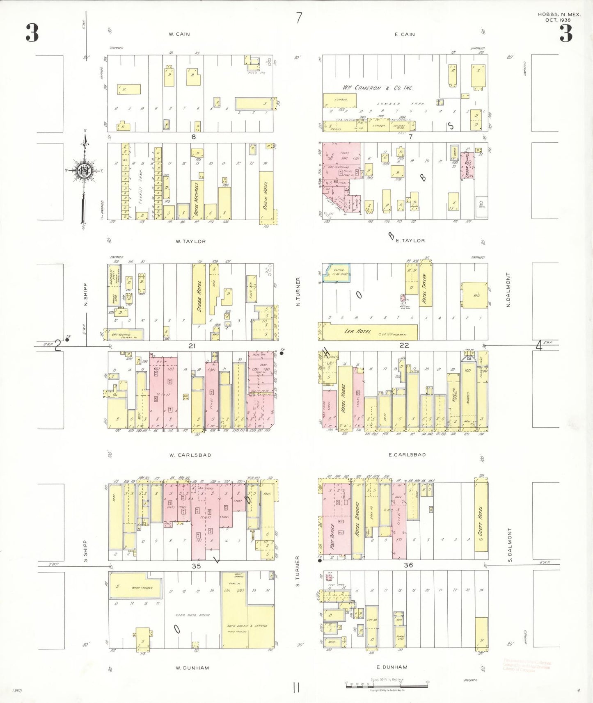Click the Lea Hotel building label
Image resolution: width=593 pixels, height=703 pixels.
(357, 331)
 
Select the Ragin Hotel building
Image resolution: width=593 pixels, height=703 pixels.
(266, 196)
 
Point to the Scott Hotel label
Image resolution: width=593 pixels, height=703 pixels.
(481, 521)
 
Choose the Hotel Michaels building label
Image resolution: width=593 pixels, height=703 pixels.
(197, 199)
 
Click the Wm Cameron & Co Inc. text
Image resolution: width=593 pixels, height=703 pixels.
(378, 88)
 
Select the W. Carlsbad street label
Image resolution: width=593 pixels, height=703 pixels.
(190, 455)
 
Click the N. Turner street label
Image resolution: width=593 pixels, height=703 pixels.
(298, 291)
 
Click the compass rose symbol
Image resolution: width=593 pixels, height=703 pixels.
(84, 170)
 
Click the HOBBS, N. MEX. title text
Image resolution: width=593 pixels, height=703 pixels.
(559, 14)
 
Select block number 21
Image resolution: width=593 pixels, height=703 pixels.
(192, 346)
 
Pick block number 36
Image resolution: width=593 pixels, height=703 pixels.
(408, 565)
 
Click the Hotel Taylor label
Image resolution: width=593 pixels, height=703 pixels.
(424, 289)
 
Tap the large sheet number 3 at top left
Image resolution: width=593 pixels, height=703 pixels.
(32, 33)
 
